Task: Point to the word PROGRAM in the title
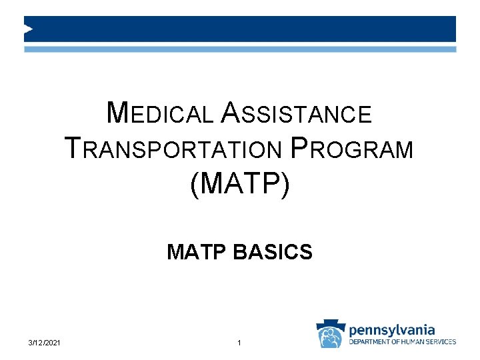[x=352, y=149]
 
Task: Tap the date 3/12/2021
[x=45, y=343]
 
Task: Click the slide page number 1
[x=239, y=343]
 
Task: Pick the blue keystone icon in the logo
[x=331, y=334]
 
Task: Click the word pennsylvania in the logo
[x=392, y=329]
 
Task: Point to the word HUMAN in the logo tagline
[x=418, y=342]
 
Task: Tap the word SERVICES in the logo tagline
[x=443, y=342]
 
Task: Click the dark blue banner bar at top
[x=240, y=29]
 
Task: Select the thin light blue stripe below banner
[x=240, y=49]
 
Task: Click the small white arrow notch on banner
[x=28, y=29]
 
